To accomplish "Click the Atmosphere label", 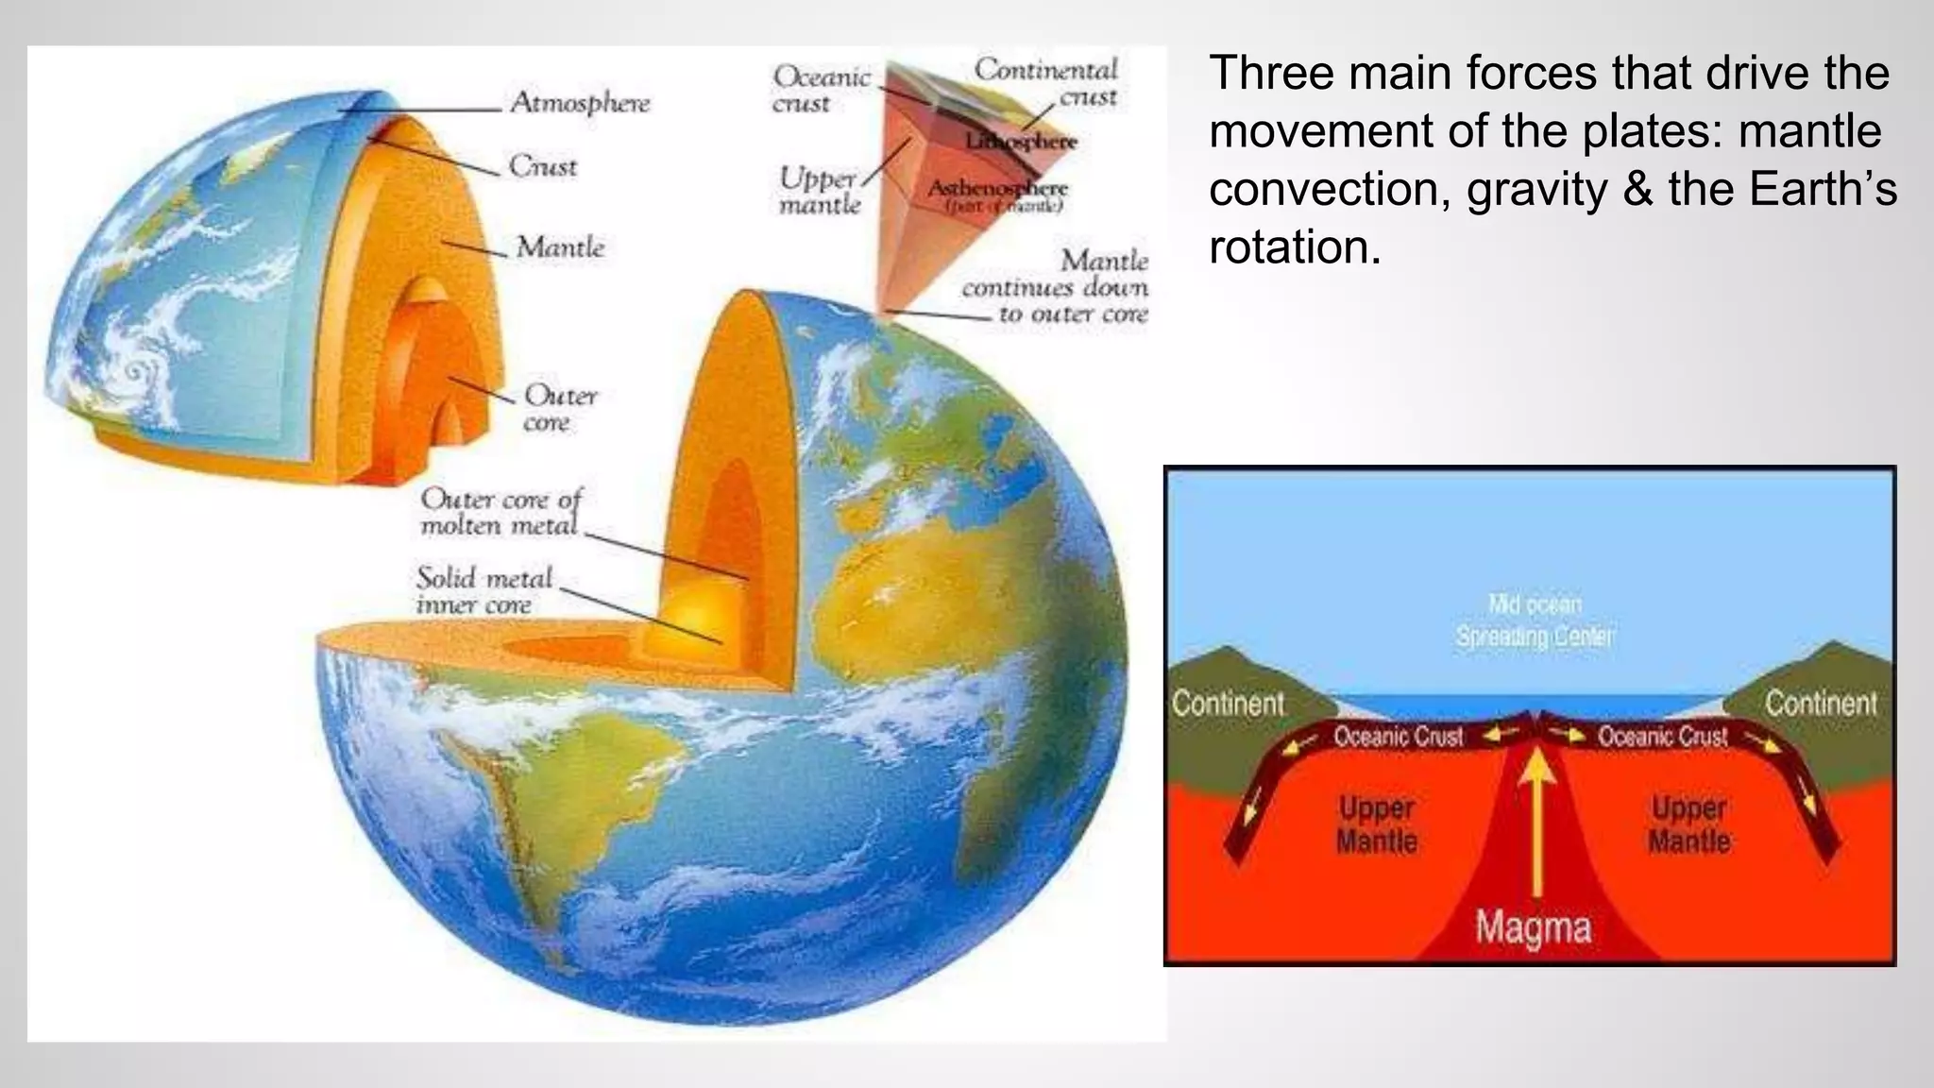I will tap(580, 102).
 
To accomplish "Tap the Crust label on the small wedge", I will tap(543, 166).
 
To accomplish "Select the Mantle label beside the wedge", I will tap(560, 247).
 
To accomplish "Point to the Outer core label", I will tap(560, 407).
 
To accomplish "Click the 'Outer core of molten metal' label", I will tap(500, 511).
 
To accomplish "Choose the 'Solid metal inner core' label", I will tap(483, 590).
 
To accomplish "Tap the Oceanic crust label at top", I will tap(820, 89).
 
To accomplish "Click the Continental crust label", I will tap(1046, 82).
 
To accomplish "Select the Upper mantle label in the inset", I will tap(819, 191).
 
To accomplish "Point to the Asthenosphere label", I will tap(997, 188).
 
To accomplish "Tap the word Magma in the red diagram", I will tap(1533, 927).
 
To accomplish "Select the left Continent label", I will tap(1229, 704).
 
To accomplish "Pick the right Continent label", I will tap(1821, 704).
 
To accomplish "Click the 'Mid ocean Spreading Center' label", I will tap(1535, 620).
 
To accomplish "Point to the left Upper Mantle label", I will tap(1376, 824).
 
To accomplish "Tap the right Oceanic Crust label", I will tap(1662, 736).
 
